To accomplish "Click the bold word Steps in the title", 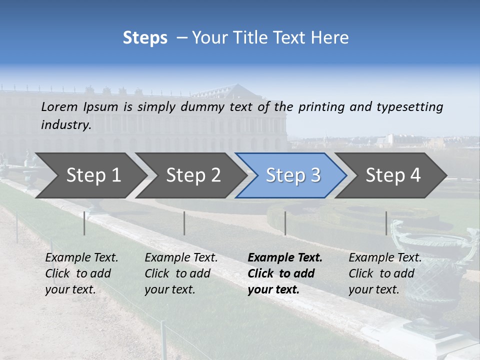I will pos(145,38).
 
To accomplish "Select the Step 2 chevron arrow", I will pos(193,175).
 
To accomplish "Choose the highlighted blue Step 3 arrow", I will pos(293,175).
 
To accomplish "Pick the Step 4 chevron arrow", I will pos(393,175).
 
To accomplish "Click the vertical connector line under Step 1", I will pos(84,223).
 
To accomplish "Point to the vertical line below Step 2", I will pos(184,223).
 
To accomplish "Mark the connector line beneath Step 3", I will pos(285,223).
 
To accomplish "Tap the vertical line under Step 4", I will pos(386,223).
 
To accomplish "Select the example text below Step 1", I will pos(81,273).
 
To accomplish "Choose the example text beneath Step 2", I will pos(181,273).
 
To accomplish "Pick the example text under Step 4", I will pos(385,273).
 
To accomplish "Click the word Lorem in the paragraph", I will pos(59,106).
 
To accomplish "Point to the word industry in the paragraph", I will pos(66,125).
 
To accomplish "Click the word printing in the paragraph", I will pos(320,107).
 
